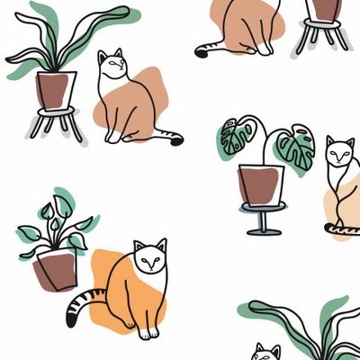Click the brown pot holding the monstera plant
pyautogui.click(x=261, y=184)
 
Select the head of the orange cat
pyautogui.click(x=150, y=257)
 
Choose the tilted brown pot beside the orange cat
pyautogui.click(x=56, y=270)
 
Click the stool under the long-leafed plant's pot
pyautogui.click(x=55, y=121)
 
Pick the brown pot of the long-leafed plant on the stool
pyautogui.click(x=55, y=88)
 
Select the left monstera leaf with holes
pyautogui.click(x=238, y=138)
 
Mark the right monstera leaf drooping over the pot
pyautogui.click(x=295, y=147)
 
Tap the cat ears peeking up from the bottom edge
pyautogui.click(x=265, y=350)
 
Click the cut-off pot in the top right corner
pyautogui.click(x=326, y=9)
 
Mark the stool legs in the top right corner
pyautogui.click(x=324, y=38)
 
